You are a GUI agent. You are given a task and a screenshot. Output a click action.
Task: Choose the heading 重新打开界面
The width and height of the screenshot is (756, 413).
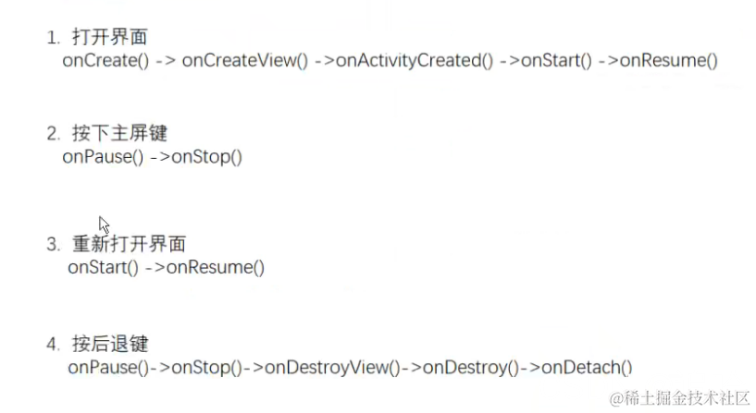[129, 245]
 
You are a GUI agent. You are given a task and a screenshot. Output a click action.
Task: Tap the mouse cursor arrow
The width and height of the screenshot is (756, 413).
[104, 225]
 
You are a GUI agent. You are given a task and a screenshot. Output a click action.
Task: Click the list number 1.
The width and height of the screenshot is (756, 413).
[52, 38]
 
